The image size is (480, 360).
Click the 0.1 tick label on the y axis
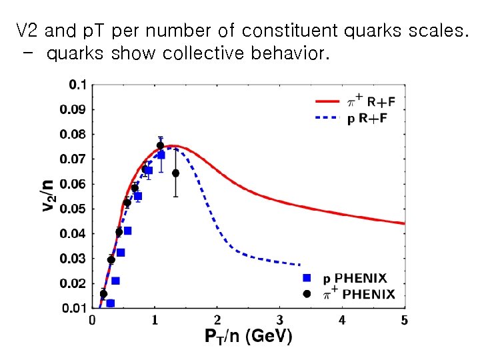pos(78,85)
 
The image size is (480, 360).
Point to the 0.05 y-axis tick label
pos(74,209)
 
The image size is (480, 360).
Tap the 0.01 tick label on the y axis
pos(74,308)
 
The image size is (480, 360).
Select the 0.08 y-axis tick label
pos(74,134)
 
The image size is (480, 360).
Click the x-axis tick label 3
pos(280,321)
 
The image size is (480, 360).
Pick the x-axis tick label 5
pos(405,321)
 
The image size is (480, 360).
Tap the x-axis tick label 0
pos(93,321)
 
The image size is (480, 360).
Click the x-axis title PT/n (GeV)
pos(248,337)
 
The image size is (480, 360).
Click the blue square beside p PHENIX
pos(307,278)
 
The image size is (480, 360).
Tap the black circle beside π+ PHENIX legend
pos(307,294)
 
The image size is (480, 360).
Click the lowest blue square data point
pos(111,303)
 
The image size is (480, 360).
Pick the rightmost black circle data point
pos(175,173)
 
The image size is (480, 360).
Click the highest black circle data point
pos(160,145)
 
